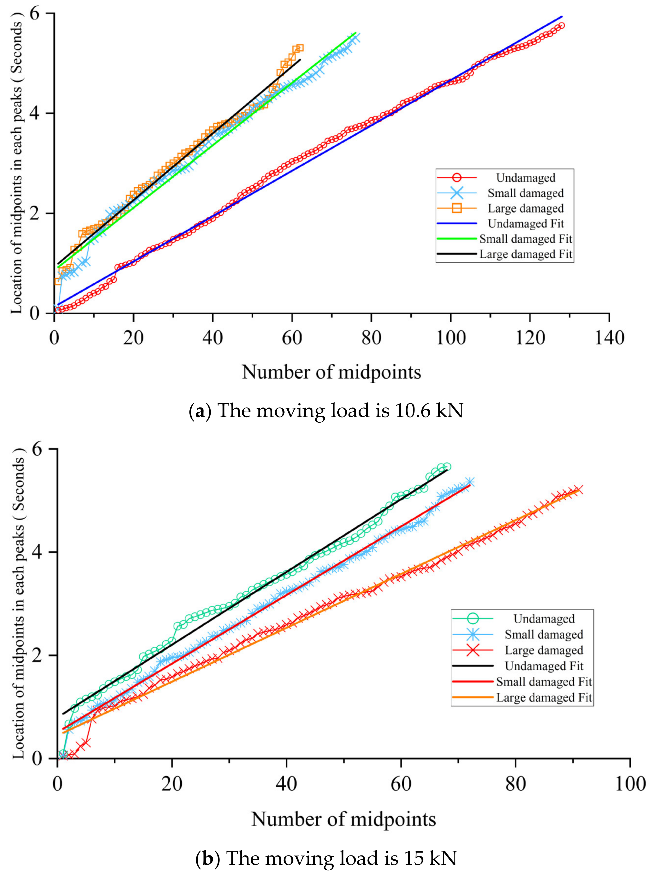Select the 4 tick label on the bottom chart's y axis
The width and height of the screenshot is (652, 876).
(48, 552)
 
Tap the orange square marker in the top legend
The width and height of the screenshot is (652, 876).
(457, 208)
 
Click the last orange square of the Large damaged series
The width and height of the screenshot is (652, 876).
(300, 48)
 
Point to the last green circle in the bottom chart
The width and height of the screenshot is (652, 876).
(447, 467)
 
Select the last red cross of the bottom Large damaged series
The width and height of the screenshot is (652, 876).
(579, 490)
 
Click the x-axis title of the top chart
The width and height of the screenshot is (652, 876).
(331, 372)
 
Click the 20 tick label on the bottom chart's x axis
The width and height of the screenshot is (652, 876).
(172, 784)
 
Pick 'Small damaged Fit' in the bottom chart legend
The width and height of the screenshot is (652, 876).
(544, 682)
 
